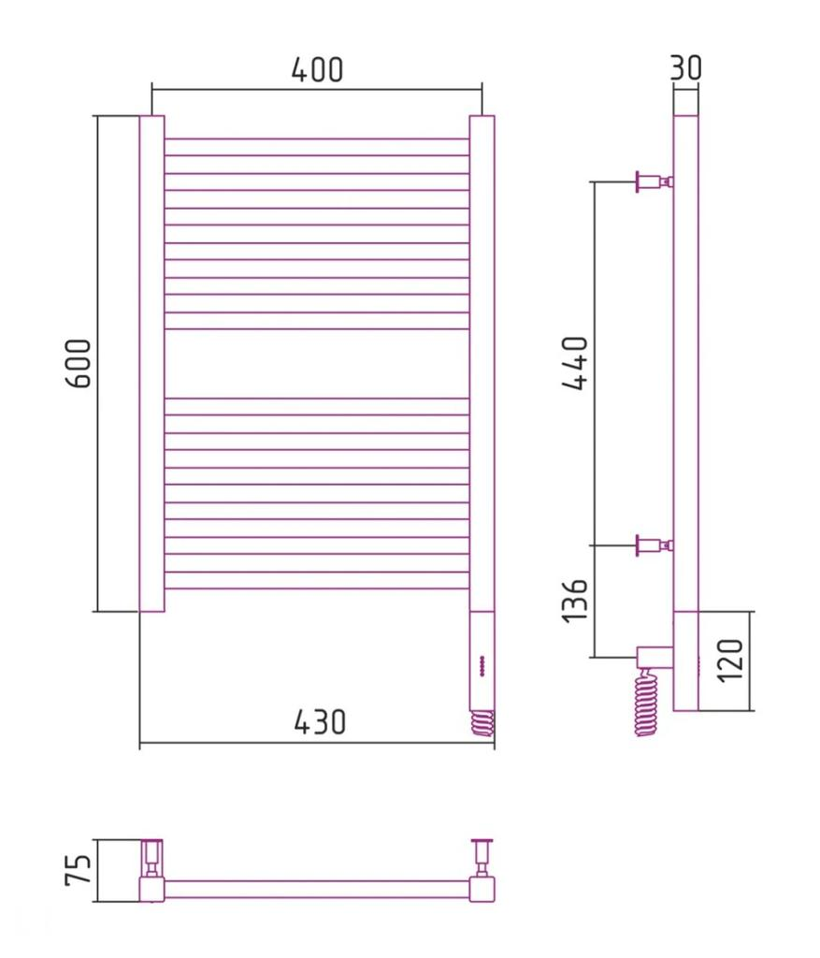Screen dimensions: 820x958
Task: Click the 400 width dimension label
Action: tap(317, 69)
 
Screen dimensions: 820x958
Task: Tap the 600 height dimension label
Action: tap(79, 364)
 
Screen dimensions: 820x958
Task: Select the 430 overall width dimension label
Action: tap(320, 721)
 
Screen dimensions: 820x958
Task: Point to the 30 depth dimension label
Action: tap(685, 67)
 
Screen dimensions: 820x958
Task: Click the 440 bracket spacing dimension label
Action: tap(574, 362)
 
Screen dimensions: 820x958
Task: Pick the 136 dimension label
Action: tap(574, 601)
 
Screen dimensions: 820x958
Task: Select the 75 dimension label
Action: tap(79, 869)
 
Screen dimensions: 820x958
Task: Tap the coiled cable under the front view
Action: tap(482, 723)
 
